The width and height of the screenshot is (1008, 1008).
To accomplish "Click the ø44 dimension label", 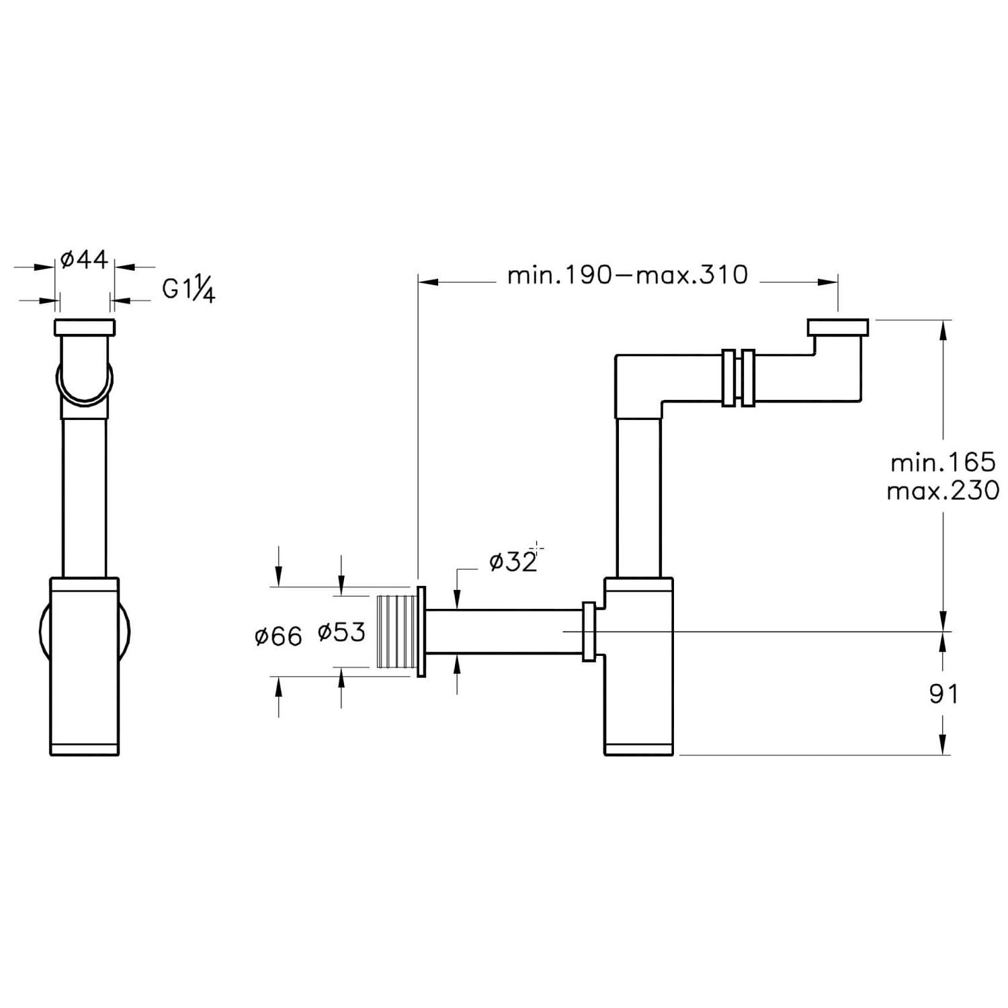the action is point(84,259).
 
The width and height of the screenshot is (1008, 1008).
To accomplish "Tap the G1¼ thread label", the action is point(189,290).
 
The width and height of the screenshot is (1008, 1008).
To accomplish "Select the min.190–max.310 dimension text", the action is point(628,275).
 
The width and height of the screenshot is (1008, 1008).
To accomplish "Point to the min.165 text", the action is point(943,462).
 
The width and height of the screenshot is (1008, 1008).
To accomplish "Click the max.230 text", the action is point(943,491).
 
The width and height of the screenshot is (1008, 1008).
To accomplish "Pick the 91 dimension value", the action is point(943,694).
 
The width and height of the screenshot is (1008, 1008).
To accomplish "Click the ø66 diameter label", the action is point(278,636).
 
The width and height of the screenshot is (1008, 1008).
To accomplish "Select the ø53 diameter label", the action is point(341,632).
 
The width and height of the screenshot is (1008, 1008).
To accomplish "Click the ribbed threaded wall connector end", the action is point(397,632).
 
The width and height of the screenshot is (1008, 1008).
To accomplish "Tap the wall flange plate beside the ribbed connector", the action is point(421,632).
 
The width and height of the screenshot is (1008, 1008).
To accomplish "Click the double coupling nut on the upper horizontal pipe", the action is point(739,378).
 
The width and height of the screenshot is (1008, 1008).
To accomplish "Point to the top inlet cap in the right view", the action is point(837,327).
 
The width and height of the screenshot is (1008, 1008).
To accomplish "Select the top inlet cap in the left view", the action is point(84,327).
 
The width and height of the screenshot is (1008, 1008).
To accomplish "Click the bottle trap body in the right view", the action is point(638,667).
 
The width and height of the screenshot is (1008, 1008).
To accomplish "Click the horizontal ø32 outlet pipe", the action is point(504,632).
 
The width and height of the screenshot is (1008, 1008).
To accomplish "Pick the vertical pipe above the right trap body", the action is point(638,497).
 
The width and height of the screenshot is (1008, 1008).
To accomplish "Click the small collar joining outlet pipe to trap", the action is point(589,632).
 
